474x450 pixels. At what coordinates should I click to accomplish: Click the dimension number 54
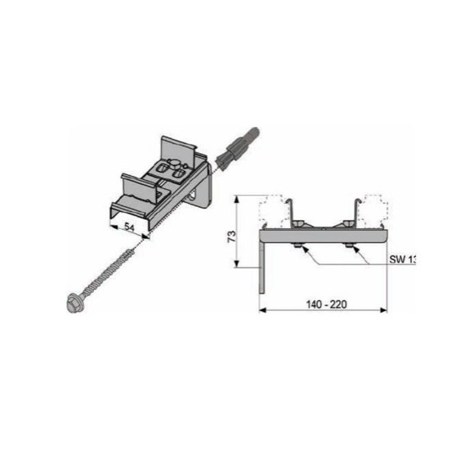[x=129, y=227]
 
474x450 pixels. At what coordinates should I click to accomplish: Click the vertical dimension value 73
[x=231, y=236]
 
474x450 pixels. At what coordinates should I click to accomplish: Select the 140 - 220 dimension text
[x=326, y=304]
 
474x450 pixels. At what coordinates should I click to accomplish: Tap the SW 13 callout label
[x=403, y=259]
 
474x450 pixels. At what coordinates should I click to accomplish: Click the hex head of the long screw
[x=73, y=303]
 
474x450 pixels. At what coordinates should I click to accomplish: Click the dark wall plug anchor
[x=236, y=147]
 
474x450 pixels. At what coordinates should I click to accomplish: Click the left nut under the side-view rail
[x=297, y=245]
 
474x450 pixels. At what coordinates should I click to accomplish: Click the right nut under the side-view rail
[x=349, y=245]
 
